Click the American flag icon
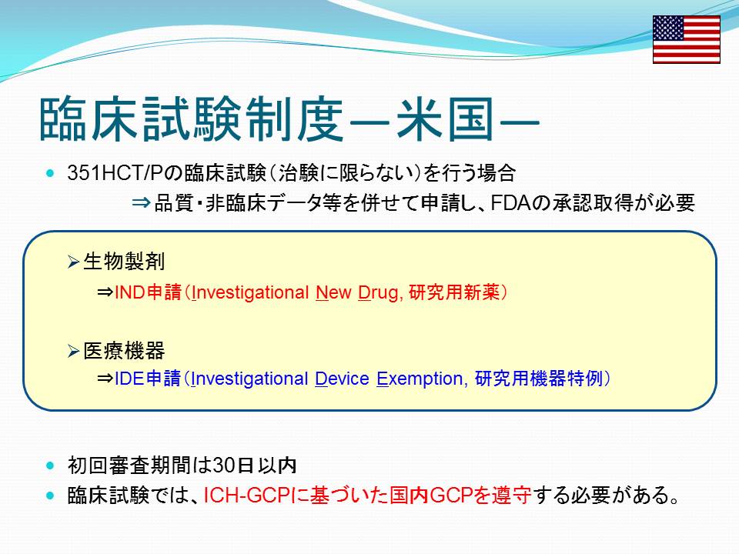pyautogui.click(x=686, y=39)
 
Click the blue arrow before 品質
pyautogui.click(x=142, y=203)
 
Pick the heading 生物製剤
pyautogui.click(x=124, y=262)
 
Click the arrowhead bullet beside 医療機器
pyautogui.click(x=73, y=351)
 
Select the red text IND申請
pyautogui.click(x=148, y=292)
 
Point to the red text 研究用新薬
pyautogui.click(x=454, y=292)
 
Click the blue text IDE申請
pyautogui.click(x=148, y=379)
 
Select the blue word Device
pyautogui.click(x=342, y=379)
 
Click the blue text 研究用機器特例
pyautogui.click(x=539, y=379)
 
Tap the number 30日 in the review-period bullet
pyautogui.click(x=234, y=466)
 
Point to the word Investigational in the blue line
pyautogui.click(x=249, y=379)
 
